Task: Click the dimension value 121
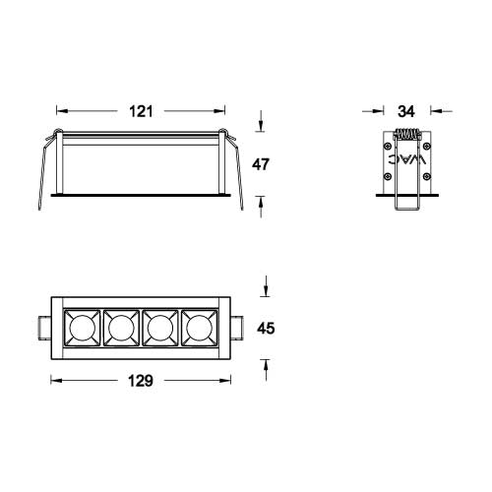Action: pos(143,111)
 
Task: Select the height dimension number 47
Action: pos(262,164)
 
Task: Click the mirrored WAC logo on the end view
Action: pos(407,161)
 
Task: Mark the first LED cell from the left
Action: pos(81,327)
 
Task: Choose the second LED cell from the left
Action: pos(120,327)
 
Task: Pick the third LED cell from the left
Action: pos(158,327)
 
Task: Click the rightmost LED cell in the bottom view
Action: pos(197,327)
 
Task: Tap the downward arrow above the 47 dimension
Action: pos(261,125)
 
